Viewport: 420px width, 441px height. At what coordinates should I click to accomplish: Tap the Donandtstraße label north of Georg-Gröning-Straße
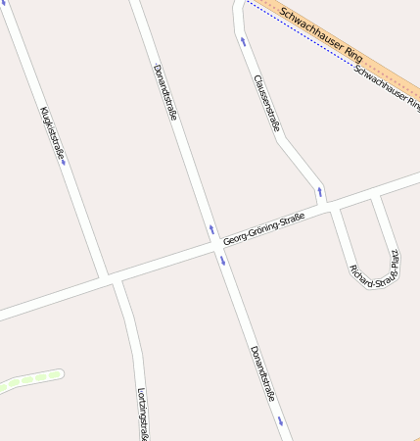[x=165, y=92]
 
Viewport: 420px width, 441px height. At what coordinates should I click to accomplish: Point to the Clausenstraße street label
[x=266, y=103]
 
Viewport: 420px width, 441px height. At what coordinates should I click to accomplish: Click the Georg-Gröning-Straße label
[x=263, y=228]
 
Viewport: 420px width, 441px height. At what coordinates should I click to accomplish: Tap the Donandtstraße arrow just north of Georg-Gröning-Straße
[x=211, y=230]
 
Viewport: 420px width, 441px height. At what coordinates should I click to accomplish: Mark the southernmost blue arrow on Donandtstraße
[x=280, y=420]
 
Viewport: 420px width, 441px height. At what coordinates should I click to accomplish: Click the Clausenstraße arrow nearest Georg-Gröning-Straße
[x=318, y=190]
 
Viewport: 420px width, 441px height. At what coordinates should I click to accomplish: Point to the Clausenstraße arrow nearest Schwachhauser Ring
[x=243, y=41]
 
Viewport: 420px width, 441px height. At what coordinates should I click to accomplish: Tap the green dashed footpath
[x=29, y=379]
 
